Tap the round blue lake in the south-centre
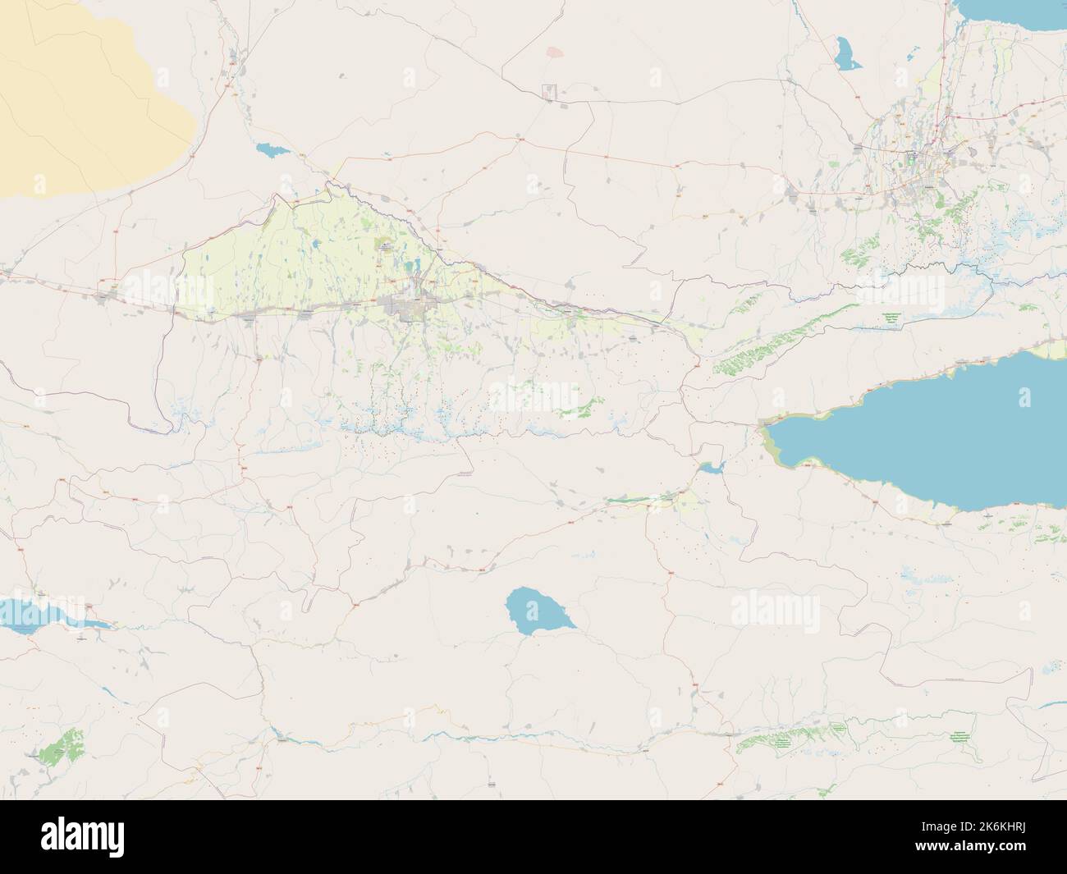tap(534, 610)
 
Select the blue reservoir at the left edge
tap(41, 614)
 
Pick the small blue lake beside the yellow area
tap(270, 150)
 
